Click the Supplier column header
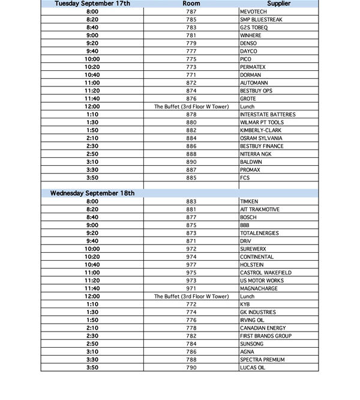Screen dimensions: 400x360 tap(278, 4)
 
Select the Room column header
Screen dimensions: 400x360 tap(191, 4)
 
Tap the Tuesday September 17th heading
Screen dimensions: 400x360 tap(92, 4)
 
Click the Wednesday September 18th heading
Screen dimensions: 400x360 tap(92, 193)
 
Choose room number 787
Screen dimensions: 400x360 tap(191, 11)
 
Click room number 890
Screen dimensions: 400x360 tap(191, 162)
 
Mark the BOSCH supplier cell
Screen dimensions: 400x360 tap(248, 217)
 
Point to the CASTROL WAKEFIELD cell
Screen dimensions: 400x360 tap(264, 273)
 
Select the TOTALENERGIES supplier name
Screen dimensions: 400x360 tap(260, 233)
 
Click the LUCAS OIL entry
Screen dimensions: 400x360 tap(253, 368)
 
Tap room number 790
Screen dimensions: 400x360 tap(191, 368)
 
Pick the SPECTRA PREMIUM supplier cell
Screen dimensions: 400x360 tap(262, 360)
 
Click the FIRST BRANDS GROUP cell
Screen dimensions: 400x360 tap(266, 336)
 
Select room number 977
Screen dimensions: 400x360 tap(191, 265)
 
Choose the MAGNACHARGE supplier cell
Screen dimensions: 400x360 tap(259, 289)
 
